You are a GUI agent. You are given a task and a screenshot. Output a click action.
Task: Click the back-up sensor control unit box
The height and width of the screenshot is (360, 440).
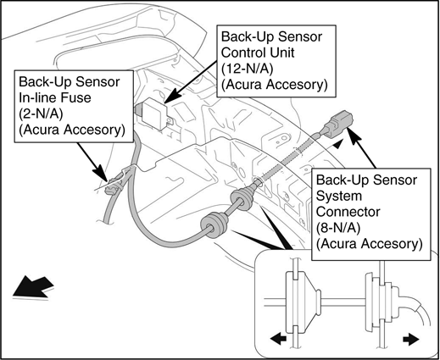154,114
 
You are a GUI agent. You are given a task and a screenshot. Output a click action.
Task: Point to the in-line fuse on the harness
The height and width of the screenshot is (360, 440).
113,186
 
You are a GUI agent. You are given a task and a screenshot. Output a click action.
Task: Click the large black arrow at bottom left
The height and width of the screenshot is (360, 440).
33,287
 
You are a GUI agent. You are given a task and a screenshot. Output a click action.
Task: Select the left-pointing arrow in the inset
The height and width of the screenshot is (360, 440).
278,338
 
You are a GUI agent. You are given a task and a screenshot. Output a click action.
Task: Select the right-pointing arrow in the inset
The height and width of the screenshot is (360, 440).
411,339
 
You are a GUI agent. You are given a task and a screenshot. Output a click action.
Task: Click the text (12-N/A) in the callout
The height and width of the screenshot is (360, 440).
247,69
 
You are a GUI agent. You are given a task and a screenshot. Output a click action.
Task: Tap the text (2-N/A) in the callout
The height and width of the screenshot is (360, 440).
41,114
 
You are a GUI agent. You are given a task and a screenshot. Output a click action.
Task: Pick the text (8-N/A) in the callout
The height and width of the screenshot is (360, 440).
338,228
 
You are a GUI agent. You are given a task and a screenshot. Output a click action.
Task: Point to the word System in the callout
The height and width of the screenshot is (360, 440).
339,196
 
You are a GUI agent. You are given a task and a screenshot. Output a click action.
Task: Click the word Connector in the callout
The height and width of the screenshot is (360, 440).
348,212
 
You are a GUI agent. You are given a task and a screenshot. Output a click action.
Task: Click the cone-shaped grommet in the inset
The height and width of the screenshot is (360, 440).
303,302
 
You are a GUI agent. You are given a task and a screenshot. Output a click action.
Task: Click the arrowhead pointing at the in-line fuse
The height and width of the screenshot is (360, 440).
100,173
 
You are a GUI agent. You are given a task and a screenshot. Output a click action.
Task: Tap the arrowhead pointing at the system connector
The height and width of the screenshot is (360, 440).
354,135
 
